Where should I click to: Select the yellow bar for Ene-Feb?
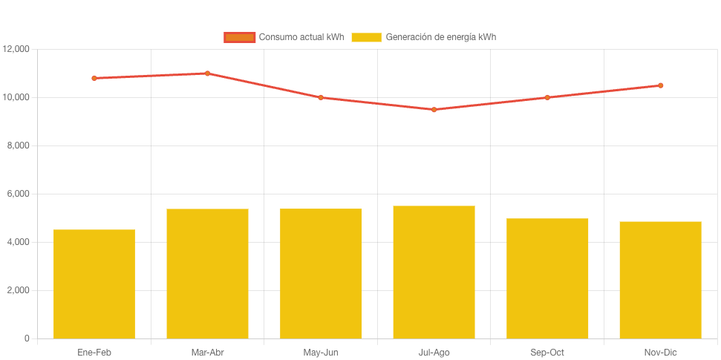(94, 284)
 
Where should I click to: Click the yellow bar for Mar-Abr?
(207, 273)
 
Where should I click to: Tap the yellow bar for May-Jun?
(321, 273)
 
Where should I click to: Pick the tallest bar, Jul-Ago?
(434, 272)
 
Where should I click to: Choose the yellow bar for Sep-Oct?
(547, 278)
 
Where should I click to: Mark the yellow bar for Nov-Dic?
(660, 280)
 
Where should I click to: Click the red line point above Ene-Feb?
(94, 78)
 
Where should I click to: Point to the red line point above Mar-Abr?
(207, 73)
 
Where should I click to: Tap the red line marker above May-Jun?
(321, 97)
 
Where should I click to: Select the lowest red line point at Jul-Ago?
(434, 109)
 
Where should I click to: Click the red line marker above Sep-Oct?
(547, 97)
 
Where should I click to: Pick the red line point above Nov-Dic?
(660, 85)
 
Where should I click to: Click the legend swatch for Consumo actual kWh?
(239, 37)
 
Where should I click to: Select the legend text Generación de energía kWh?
(440, 37)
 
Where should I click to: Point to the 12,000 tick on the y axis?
(16, 49)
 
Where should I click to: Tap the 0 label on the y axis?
(27, 338)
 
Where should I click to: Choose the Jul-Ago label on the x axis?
(434, 353)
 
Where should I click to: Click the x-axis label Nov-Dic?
(660, 353)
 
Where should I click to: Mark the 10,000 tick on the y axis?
(16, 97)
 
